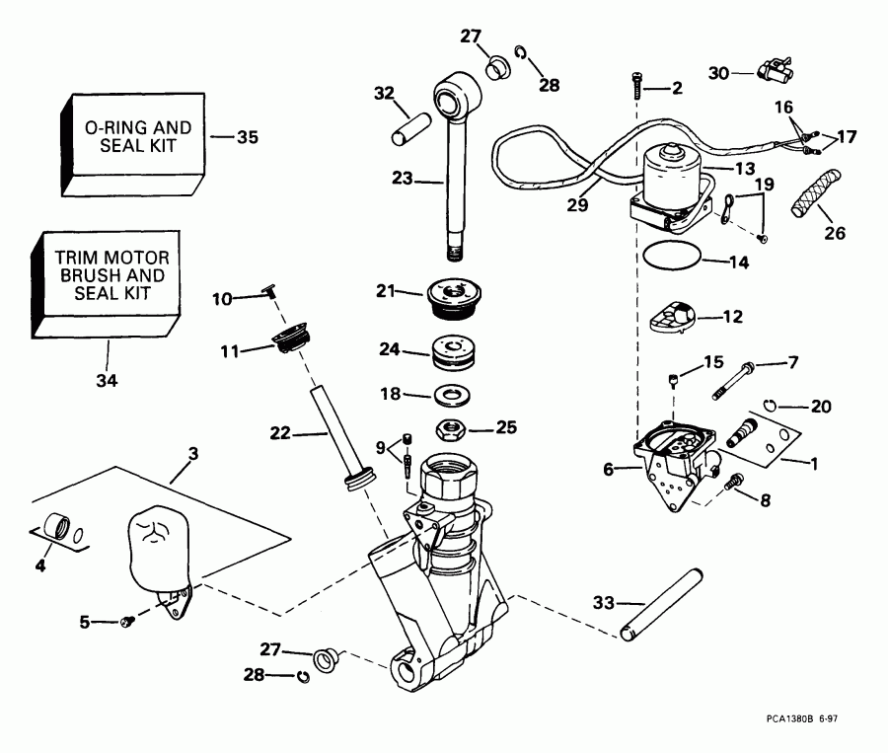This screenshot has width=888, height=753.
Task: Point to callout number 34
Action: tap(106, 379)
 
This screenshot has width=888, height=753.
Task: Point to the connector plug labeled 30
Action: tap(775, 71)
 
